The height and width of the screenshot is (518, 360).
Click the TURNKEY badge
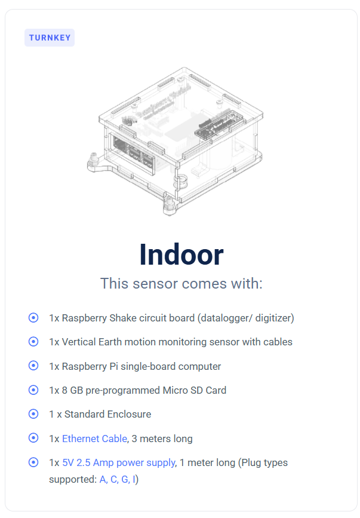50,38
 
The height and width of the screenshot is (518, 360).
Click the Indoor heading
181,255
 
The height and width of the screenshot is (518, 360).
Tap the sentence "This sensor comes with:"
181,283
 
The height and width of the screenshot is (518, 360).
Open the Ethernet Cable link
94,439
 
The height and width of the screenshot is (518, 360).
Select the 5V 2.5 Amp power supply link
118,462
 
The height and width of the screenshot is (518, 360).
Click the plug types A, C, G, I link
117,479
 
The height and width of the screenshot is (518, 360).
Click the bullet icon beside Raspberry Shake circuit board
33,318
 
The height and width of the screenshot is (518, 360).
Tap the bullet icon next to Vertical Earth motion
33,342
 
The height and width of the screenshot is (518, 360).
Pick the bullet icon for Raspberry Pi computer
33,366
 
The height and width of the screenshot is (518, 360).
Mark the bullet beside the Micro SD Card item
33,390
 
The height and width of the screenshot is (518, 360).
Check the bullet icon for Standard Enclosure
33,414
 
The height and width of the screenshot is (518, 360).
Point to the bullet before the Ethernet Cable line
33,438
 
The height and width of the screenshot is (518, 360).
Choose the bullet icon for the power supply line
33,462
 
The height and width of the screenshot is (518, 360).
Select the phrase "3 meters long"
162,439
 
